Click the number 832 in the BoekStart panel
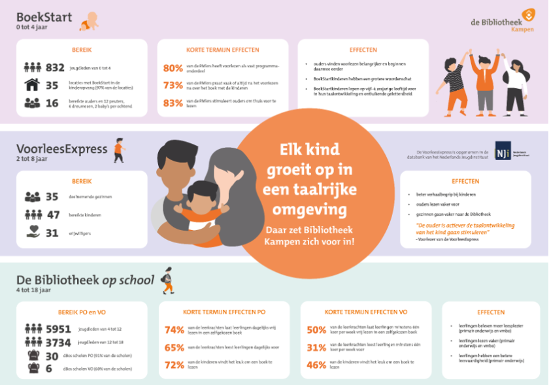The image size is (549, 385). click(x=56, y=67)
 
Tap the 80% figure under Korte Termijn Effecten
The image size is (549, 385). click(x=173, y=68)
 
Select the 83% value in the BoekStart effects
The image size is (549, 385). click(x=173, y=103)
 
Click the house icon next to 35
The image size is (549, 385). click(x=32, y=85)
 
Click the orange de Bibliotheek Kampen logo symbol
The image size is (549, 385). click(x=527, y=14)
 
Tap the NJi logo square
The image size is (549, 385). click(x=503, y=151)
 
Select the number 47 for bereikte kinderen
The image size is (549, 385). click(x=52, y=214)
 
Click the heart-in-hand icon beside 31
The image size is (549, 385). click(x=32, y=232)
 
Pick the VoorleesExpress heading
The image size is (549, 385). click(x=62, y=149)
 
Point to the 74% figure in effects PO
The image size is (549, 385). click(x=174, y=330)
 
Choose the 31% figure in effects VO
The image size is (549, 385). click(x=316, y=348)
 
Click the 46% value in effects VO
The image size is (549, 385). click(x=316, y=365)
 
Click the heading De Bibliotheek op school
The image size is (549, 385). click(x=85, y=280)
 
